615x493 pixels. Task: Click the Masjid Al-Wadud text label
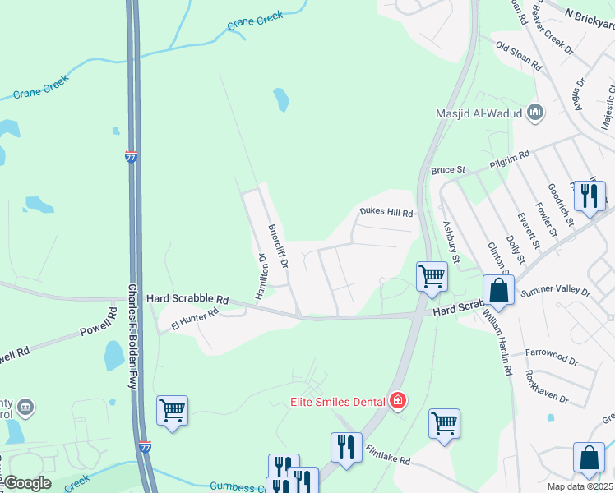[x=481, y=113]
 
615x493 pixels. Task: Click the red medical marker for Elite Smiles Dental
[x=399, y=401]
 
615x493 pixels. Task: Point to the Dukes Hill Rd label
[x=385, y=212]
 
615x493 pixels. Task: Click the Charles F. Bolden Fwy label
[x=132, y=337]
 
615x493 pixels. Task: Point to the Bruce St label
[x=448, y=170]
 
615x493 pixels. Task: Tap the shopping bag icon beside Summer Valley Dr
[x=498, y=290]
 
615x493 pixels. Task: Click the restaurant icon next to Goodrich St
[x=590, y=196]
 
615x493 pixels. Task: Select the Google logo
[x=27, y=483]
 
